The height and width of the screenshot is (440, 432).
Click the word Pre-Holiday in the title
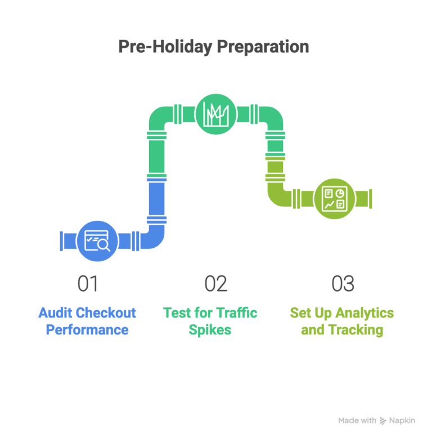point(165,47)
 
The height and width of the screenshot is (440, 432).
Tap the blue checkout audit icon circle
point(97,241)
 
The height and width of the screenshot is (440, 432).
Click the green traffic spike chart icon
point(216,114)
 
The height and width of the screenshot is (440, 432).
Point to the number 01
point(88,284)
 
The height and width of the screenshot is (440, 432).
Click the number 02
point(216,284)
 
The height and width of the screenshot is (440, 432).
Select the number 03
point(343,284)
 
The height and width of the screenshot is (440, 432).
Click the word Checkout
point(105,312)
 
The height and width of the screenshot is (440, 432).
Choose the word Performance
point(87,329)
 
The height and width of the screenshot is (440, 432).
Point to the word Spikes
point(210,329)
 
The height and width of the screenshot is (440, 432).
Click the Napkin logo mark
point(383,420)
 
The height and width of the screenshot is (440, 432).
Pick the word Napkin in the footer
point(403,420)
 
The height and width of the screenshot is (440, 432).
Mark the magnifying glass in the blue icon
point(103,244)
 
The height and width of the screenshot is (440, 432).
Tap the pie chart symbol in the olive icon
point(340,193)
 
